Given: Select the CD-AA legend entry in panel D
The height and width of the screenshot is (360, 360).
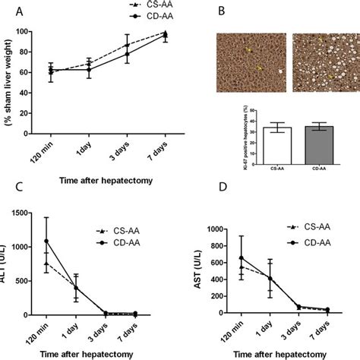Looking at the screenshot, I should [x=309, y=242].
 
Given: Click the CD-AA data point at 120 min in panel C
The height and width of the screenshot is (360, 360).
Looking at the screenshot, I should [x=47, y=242].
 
